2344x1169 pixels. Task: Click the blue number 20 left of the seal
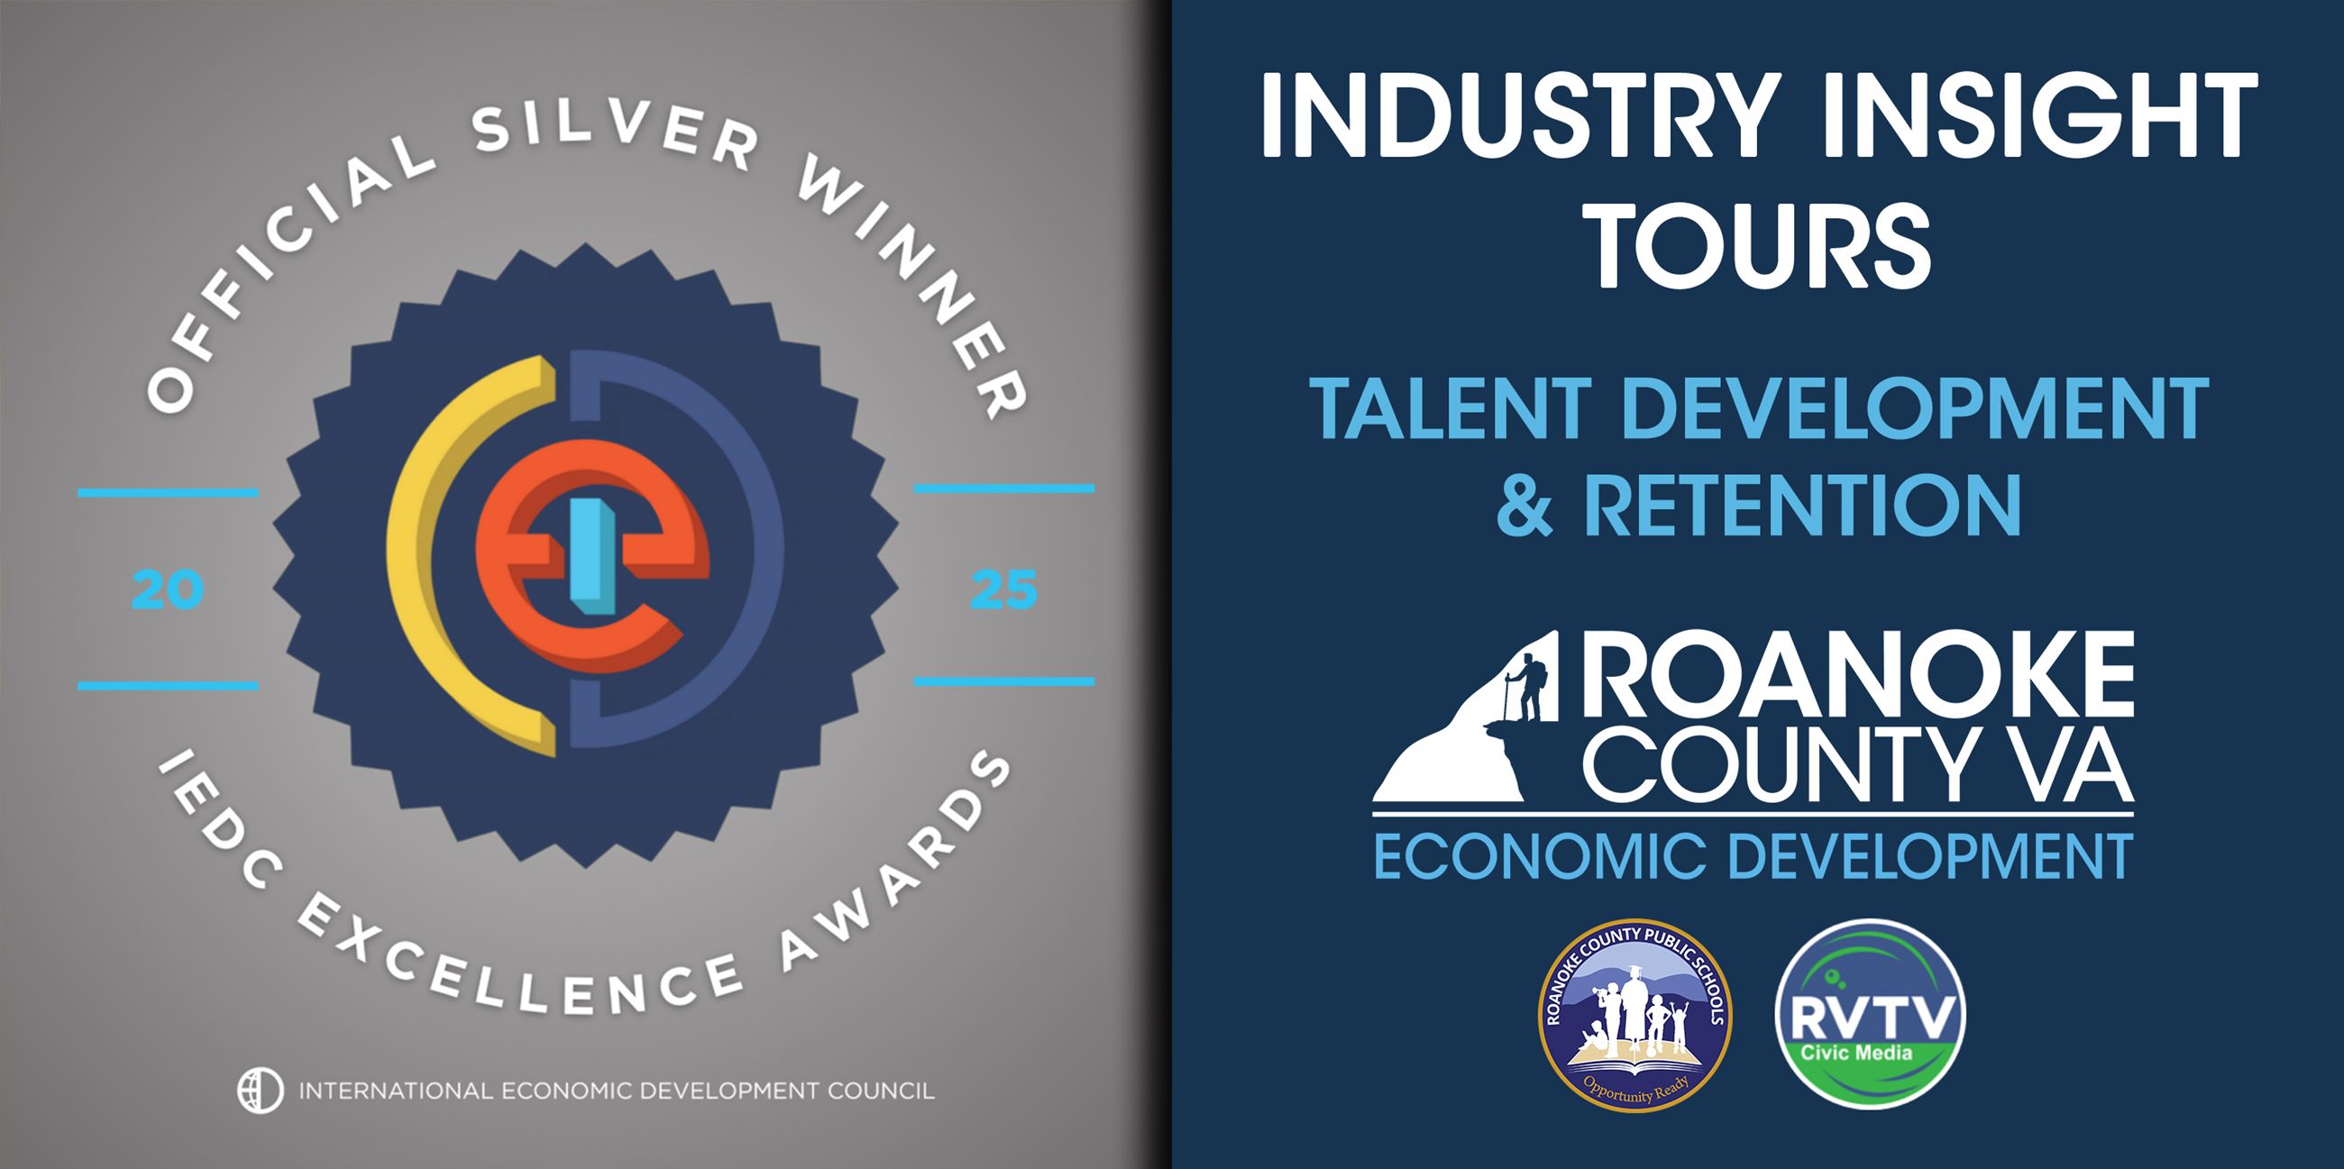click(x=168, y=590)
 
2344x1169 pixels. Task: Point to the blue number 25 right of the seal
click(x=1003, y=590)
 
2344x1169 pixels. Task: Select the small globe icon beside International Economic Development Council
click(x=261, y=1089)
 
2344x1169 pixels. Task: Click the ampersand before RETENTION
click(x=1525, y=506)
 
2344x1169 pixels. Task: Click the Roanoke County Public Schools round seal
click(x=1634, y=1015)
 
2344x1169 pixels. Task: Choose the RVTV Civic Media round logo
click(x=1871, y=1015)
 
